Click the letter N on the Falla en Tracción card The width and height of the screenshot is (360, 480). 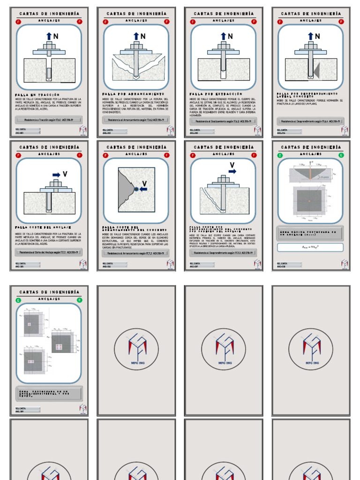[56, 36]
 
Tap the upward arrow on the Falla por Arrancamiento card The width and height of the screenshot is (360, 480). [136, 36]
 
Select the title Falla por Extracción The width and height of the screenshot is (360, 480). [210, 94]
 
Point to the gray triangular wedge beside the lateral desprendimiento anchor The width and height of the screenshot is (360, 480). [316, 70]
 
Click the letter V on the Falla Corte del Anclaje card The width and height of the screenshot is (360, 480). [65, 174]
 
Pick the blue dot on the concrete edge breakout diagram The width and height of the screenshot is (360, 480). [136, 189]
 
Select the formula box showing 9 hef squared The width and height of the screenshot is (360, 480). [310, 247]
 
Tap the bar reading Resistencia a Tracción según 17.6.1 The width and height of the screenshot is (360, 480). [49, 120]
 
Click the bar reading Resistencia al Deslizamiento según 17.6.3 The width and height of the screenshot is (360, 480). [223, 120]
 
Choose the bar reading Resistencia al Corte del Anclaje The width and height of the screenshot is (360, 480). [49, 252]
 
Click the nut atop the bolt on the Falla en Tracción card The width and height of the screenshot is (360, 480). [49, 46]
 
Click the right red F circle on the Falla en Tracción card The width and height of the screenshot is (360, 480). [80, 22]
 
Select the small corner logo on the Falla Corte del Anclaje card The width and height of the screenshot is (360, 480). [83, 263]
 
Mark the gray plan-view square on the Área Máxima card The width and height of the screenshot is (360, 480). [309, 201]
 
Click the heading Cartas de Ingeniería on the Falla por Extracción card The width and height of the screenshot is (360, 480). [224, 14]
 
